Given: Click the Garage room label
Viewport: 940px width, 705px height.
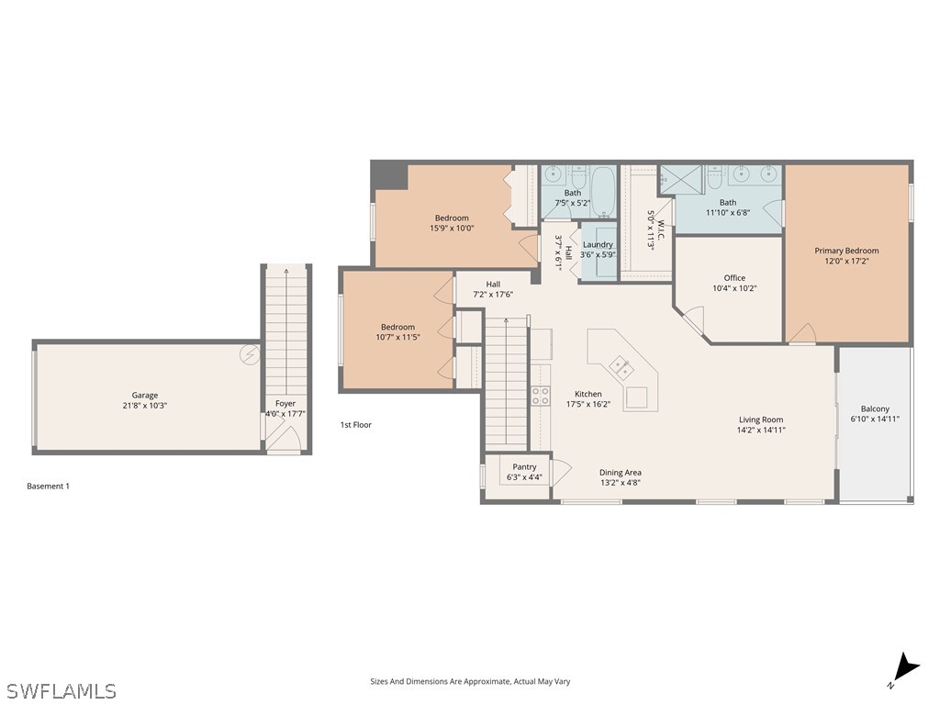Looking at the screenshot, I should click(144, 395).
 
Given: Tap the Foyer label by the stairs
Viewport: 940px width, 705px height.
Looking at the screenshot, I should click(285, 403).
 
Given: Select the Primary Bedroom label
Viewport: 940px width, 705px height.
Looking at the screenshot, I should click(846, 251).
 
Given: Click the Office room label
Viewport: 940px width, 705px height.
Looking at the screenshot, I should click(734, 277).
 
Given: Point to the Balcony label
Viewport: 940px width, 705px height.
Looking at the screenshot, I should click(875, 409).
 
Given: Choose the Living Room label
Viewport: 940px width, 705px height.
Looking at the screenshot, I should click(761, 420).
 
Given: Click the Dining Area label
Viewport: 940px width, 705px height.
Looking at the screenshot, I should click(620, 473).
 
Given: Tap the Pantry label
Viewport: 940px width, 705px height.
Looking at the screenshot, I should click(524, 467).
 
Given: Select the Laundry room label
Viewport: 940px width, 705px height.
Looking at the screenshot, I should click(598, 244).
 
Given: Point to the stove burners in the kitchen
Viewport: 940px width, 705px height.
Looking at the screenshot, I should click(541, 396).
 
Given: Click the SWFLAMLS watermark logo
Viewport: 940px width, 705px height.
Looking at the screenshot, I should click(61, 690).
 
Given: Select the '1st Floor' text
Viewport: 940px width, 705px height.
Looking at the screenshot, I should click(355, 425).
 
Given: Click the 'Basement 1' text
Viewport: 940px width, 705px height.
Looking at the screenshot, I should click(48, 486).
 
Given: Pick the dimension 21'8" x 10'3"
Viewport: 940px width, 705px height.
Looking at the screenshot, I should click(144, 405).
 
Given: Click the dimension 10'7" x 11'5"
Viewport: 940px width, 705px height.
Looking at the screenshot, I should click(397, 337).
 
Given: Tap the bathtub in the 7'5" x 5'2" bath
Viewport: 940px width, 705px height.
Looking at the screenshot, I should click(602, 190).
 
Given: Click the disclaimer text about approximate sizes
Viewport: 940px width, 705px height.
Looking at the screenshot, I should click(469, 681).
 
